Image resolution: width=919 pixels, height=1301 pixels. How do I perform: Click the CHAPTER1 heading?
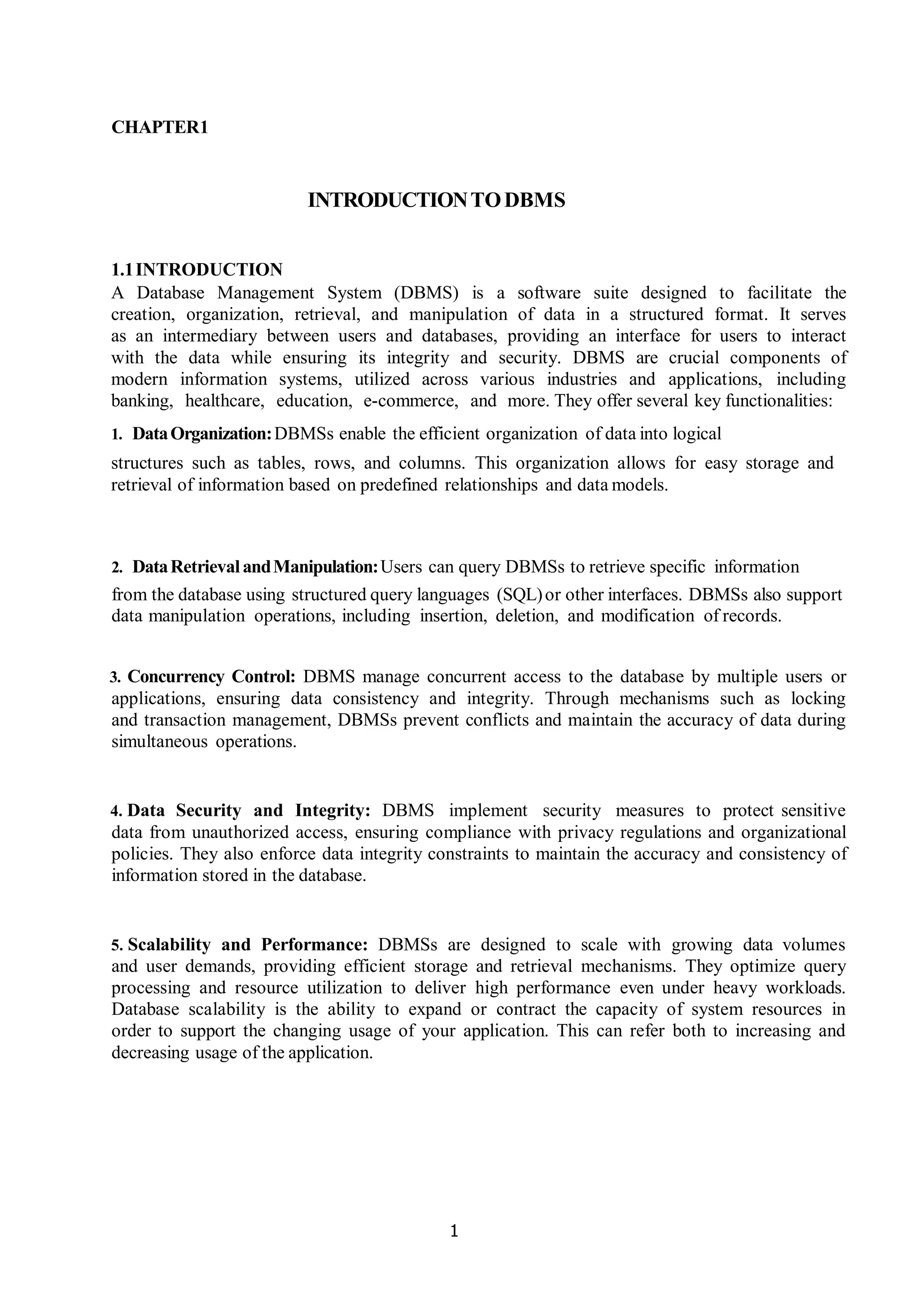click(x=160, y=127)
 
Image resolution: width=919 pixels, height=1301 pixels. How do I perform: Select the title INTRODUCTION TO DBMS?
click(x=436, y=200)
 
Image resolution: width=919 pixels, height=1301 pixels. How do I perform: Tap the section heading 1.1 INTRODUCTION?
click(x=197, y=269)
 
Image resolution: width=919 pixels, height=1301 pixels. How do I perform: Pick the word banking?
click(x=142, y=401)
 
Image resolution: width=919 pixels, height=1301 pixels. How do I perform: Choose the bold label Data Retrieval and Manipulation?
click(x=255, y=567)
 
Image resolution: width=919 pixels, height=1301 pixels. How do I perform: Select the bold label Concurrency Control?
click(x=211, y=677)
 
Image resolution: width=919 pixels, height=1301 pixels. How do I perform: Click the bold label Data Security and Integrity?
click(x=249, y=810)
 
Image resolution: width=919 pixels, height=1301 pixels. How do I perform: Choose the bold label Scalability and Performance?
click(x=248, y=945)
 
